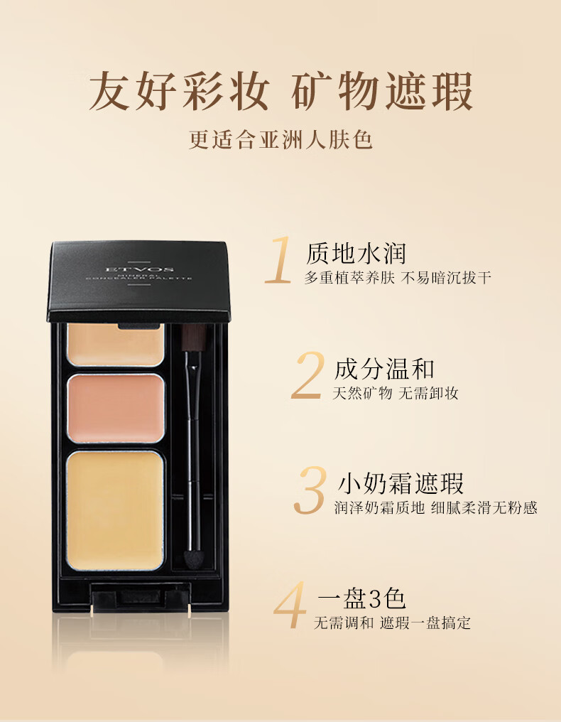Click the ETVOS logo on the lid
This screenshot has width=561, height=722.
pos(139,269)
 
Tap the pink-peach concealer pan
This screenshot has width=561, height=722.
pos(116,408)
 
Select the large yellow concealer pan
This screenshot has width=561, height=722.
pos(115,511)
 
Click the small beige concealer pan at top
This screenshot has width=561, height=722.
pos(116,345)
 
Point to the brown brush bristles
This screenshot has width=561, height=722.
pos(192,337)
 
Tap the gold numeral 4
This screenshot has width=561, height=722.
pos(290,604)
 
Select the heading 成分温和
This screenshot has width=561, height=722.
pos(384,369)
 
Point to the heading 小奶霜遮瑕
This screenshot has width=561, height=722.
pos(401,483)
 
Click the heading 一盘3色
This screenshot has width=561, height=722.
pos(361,598)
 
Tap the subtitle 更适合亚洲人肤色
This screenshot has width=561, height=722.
pos(280,139)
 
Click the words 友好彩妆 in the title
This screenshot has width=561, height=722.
pos(179,91)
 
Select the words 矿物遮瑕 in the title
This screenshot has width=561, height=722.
pos(383,91)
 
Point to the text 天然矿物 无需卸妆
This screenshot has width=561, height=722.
pos(396,393)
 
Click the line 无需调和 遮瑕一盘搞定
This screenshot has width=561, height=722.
pos(392,623)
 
